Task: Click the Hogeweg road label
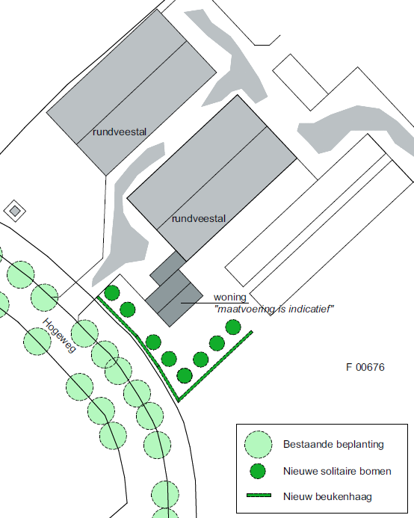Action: click(x=60, y=336)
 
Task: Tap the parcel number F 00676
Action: click(x=365, y=367)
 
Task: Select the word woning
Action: click(x=230, y=297)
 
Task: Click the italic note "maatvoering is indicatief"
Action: click(x=274, y=309)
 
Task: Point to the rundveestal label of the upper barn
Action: click(x=120, y=132)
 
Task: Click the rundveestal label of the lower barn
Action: click(x=199, y=218)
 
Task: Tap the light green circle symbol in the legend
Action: click(x=259, y=444)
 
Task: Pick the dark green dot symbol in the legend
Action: click(x=258, y=471)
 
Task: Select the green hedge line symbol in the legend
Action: click(x=259, y=496)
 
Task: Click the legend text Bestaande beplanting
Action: click(x=333, y=444)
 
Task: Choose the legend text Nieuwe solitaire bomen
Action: click(x=337, y=471)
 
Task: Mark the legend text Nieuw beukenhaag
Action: click(x=327, y=496)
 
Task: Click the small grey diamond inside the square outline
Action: click(x=14, y=211)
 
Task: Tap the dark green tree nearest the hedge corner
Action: click(x=185, y=376)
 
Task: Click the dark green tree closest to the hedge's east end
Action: click(x=233, y=327)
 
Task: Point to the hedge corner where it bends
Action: click(x=179, y=401)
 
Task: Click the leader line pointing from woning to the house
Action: click(x=214, y=303)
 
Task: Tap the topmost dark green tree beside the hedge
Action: click(x=112, y=293)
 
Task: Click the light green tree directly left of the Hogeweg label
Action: click(x=37, y=342)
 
